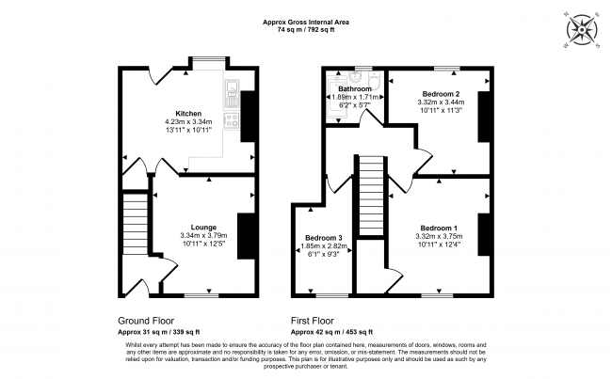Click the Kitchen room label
[188, 114]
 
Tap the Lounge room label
[203, 228]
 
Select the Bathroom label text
[355, 89]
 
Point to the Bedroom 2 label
[441, 94]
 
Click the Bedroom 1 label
[439, 229]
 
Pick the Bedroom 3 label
[324, 238]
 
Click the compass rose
[582, 30]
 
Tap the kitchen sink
[232, 94]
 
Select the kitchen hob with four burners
[232, 120]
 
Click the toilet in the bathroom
[375, 80]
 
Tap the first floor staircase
[371, 196]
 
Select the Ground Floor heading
[146, 321]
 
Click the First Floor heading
[313, 321]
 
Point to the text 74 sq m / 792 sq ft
[306, 29]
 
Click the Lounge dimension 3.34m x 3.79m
[203, 235]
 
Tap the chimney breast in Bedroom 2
[484, 117]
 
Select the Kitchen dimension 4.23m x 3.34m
[188, 121]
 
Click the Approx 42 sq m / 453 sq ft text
[331, 332]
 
